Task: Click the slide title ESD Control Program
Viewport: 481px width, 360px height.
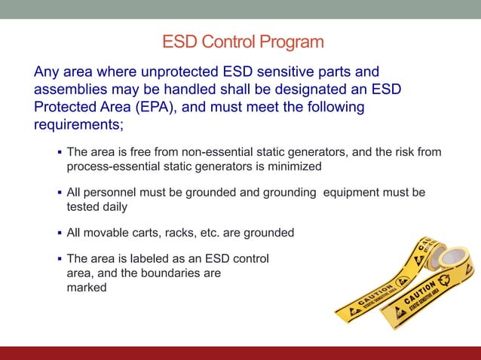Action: tap(243, 41)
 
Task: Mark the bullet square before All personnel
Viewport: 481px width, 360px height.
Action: tap(59, 193)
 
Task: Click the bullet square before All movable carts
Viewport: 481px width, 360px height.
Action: tap(59, 233)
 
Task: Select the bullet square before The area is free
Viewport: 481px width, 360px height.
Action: tap(59, 152)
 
